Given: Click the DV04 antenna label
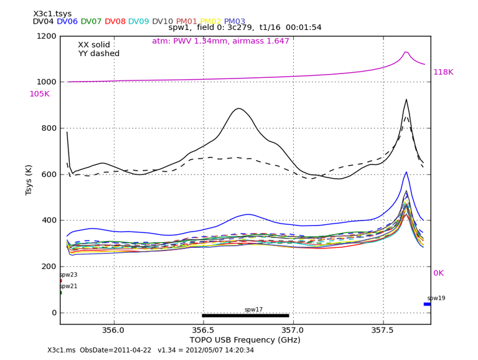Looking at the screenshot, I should pos(43,22).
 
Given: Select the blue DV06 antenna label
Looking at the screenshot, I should pos(67,22).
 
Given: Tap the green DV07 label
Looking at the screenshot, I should pos(91,22).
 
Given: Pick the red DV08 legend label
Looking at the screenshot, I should pos(115,22).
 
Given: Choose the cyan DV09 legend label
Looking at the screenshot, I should pos(139,22).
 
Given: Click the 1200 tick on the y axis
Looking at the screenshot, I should pos(45,36).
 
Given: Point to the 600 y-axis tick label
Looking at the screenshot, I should pos(47,174).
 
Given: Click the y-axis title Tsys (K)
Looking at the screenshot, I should pos(29,180).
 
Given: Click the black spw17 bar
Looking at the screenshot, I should pos(245,315).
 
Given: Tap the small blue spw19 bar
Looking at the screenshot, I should pos(427,304).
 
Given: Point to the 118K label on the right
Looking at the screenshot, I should pos(443,72).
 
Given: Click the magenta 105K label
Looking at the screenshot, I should pos(39,94).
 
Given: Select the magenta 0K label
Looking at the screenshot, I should pos(438,273).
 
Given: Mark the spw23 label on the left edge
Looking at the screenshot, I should pos(68,275).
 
